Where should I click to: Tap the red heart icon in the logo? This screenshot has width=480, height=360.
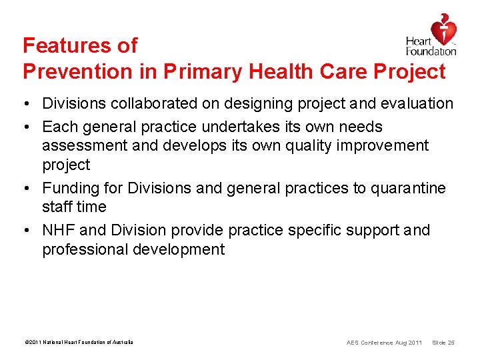[x=443, y=28]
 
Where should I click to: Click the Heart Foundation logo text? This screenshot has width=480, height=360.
[x=431, y=46]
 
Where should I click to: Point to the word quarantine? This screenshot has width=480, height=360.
[x=408, y=188]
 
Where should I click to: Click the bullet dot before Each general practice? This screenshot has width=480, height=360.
[x=27, y=127]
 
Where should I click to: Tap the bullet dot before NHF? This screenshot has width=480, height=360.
[x=27, y=230]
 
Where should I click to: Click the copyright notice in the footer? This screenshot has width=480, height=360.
[x=78, y=342]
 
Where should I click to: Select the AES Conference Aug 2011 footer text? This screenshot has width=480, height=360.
[x=384, y=343]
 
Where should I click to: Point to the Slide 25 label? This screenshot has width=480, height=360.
[x=443, y=343]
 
